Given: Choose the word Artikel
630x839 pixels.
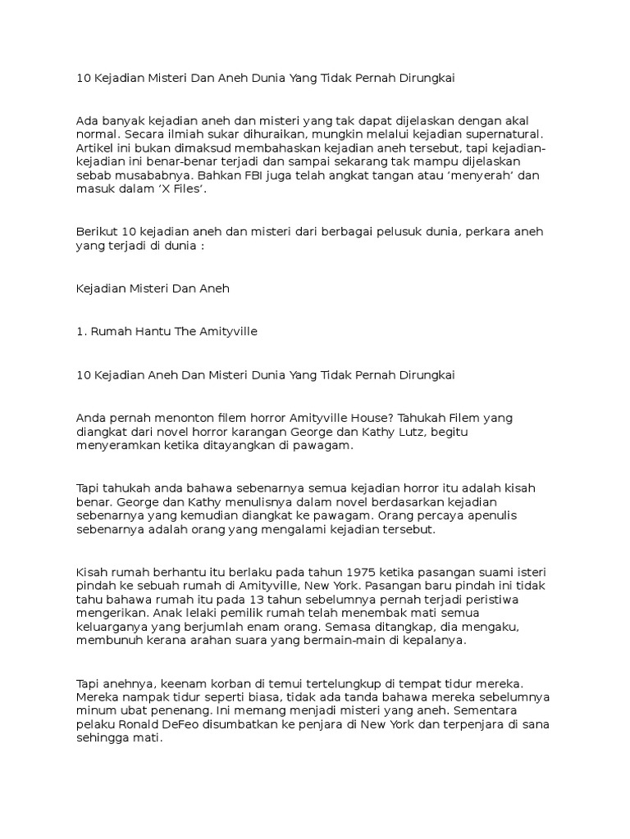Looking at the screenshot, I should (x=97, y=147).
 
